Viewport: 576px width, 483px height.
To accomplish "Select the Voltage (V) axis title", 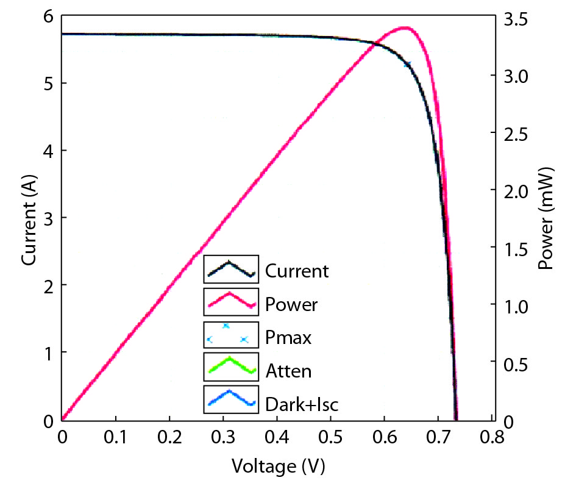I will point(278,467).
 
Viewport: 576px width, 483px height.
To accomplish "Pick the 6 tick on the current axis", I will point(48,19).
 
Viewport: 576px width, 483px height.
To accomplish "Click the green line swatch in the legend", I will point(231,367).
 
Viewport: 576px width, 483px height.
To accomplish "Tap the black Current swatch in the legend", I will point(231,269).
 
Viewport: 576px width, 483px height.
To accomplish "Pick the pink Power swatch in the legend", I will point(231,301).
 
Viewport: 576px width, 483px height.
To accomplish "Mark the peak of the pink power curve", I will point(404,27).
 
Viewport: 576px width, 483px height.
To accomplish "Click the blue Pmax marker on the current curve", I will point(408,63).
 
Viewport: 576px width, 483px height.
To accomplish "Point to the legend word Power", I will point(291,304).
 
